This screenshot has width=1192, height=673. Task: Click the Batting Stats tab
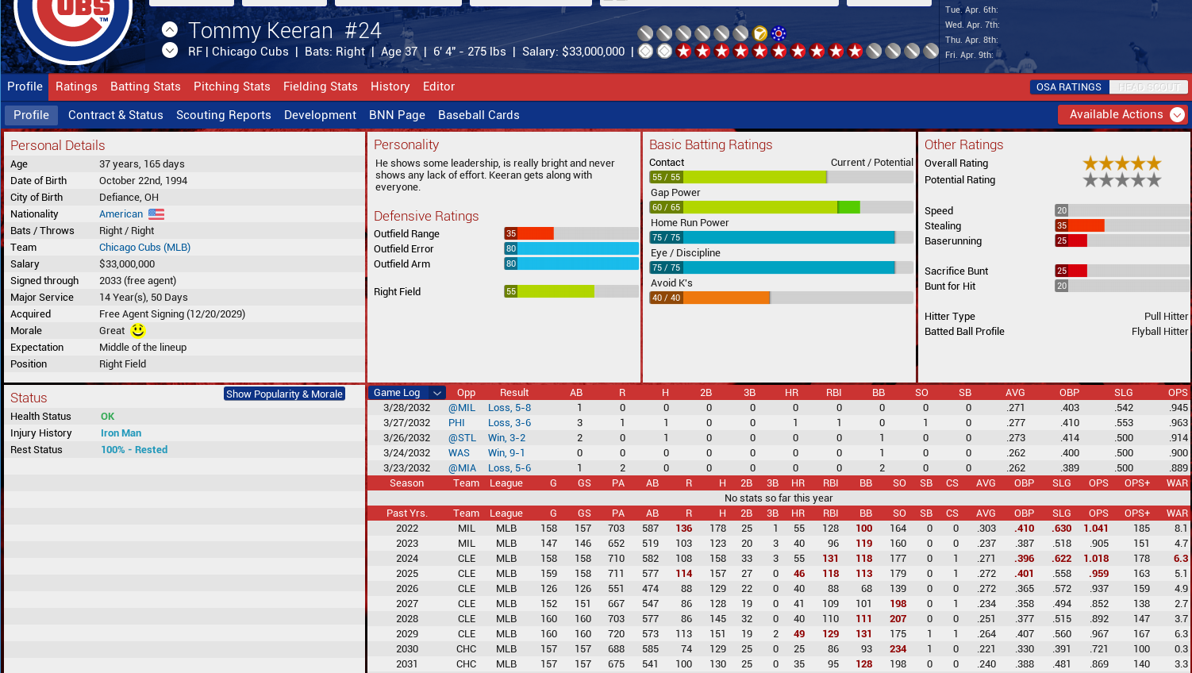click(x=145, y=87)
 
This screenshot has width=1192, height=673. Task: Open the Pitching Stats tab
click(x=232, y=87)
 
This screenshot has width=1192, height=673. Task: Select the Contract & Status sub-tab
click(x=115, y=115)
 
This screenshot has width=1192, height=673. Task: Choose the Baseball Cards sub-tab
click(x=479, y=115)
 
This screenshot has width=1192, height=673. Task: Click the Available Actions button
click(x=1122, y=114)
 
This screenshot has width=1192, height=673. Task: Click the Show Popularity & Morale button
click(x=284, y=394)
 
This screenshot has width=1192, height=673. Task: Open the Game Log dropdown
click(x=436, y=393)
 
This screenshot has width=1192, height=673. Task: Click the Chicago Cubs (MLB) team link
click(x=144, y=248)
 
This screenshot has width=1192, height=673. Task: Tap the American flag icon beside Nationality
click(x=156, y=214)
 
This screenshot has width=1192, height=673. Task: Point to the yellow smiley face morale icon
click(x=138, y=330)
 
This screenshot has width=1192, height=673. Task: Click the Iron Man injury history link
click(x=121, y=433)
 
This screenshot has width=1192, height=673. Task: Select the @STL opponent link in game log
click(x=462, y=438)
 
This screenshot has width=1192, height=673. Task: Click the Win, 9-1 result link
click(x=506, y=453)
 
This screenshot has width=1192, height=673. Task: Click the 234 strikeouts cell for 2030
click(x=898, y=649)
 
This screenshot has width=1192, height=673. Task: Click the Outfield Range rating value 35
click(x=511, y=233)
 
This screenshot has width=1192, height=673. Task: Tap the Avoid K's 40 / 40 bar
click(x=709, y=298)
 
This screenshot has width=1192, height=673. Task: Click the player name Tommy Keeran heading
click(x=260, y=31)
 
